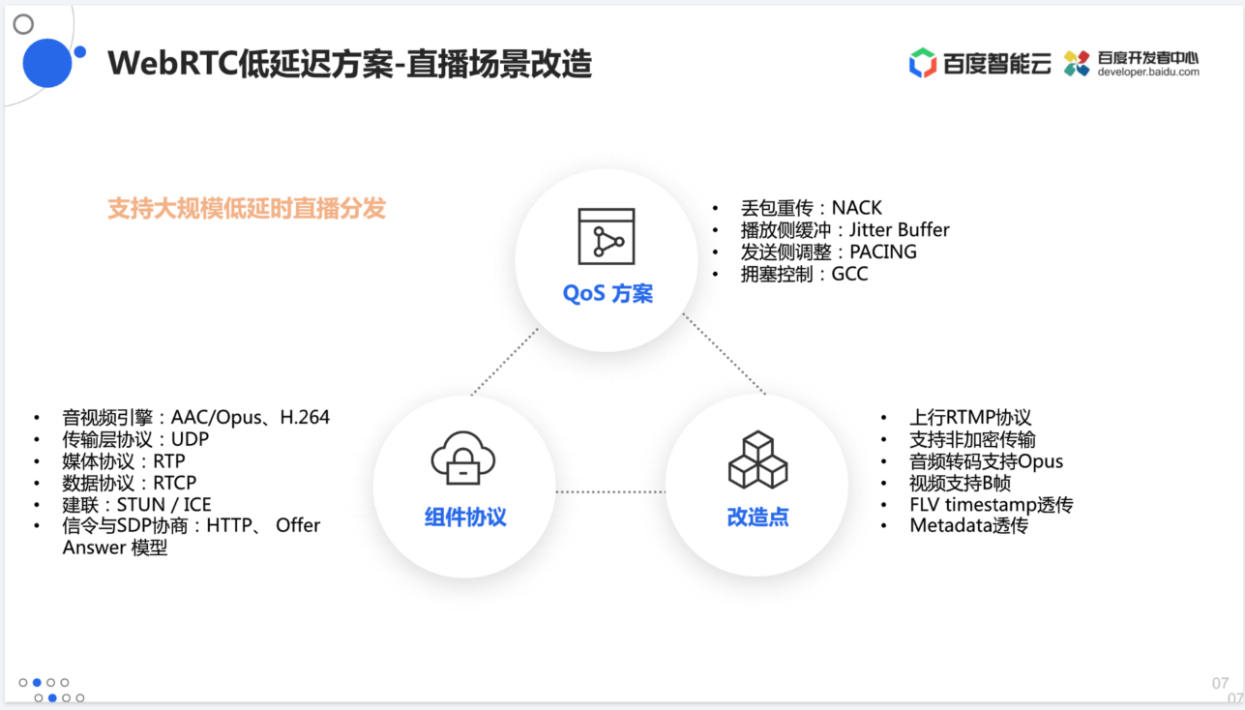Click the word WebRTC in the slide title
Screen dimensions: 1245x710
point(173,63)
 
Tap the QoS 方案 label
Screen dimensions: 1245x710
point(608,293)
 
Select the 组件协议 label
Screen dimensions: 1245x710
point(465,517)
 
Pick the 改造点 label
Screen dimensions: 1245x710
point(757,517)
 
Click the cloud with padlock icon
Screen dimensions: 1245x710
point(463,459)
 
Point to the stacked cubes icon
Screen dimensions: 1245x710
point(757,459)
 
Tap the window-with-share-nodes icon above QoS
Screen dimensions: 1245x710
point(607,236)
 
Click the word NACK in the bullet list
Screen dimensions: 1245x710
point(856,208)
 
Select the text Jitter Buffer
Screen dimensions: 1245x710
point(900,229)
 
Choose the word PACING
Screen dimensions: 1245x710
point(883,251)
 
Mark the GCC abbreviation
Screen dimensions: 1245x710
point(849,274)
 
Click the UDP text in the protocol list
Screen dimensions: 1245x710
point(190,439)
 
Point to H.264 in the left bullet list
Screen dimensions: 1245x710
point(305,417)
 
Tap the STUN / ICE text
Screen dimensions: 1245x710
point(163,504)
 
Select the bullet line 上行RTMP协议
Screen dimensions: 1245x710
point(970,417)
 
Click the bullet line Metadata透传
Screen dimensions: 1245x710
point(968,525)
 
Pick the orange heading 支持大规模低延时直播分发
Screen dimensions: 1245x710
point(247,208)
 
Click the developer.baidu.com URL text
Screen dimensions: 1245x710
point(1148,73)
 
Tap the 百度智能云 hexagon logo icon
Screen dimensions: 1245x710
point(923,63)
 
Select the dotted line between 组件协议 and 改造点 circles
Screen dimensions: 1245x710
point(610,491)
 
